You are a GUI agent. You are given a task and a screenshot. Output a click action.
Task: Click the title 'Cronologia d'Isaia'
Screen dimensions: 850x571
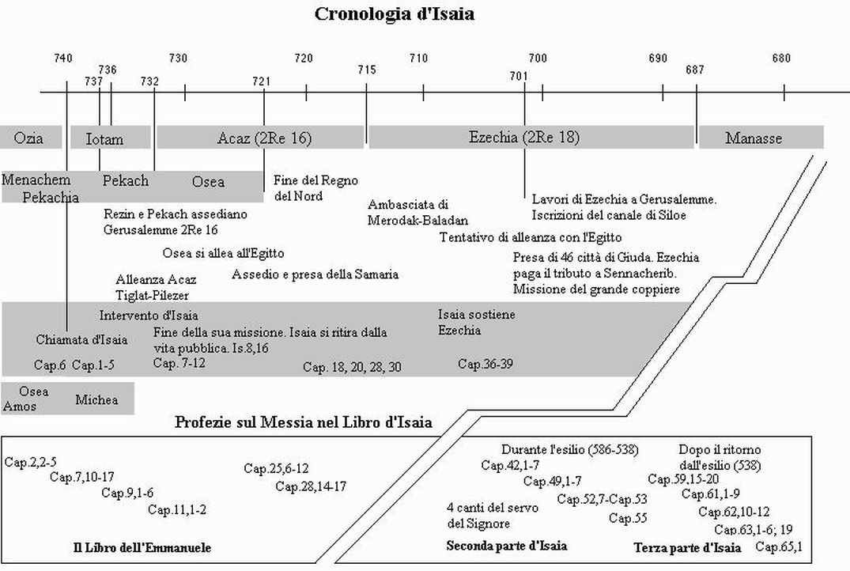[x=394, y=13]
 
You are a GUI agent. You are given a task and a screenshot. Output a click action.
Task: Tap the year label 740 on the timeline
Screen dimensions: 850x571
[x=63, y=58]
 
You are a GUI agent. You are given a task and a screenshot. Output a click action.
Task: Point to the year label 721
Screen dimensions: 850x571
[x=261, y=81]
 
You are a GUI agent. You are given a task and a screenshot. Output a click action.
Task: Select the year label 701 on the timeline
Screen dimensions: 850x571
[x=518, y=76]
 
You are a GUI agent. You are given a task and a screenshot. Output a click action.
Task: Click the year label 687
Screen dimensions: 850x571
[x=694, y=70]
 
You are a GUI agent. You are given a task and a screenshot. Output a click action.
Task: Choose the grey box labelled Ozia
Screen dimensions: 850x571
[x=31, y=138]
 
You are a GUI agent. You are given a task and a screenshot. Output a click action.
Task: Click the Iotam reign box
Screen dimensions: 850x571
[x=110, y=138]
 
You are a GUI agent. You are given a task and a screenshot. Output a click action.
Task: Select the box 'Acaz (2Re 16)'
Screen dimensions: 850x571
[x=260, y=138]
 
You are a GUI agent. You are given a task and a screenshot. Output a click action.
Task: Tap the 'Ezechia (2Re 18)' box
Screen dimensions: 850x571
[x=531, y=137]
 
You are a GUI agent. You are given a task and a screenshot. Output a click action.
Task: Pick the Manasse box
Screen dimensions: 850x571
[x=761, y=138]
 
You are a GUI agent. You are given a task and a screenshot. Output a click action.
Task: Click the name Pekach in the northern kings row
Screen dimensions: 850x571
[x=125, y=180]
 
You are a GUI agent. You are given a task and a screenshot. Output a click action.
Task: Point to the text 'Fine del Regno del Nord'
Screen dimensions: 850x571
[x=315, y=187]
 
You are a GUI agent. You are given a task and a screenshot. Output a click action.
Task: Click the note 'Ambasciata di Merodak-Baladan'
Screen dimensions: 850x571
[x=418, y=212]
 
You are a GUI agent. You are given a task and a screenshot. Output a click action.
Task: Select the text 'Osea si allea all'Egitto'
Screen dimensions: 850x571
[x=223, y=253]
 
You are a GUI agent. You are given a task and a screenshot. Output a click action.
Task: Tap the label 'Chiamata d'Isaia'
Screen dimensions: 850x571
[x=82, y=339]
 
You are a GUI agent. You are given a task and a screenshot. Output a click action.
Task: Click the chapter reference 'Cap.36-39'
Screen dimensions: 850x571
[x=485, y=363]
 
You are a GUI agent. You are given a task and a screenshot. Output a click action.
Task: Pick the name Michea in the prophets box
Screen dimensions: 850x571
[x=96, y=399]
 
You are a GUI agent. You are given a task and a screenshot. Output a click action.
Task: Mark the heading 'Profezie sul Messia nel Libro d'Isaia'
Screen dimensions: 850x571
[x=304, y=422]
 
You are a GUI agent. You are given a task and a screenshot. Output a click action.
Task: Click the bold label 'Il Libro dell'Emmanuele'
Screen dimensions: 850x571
[x=142, y=547]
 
